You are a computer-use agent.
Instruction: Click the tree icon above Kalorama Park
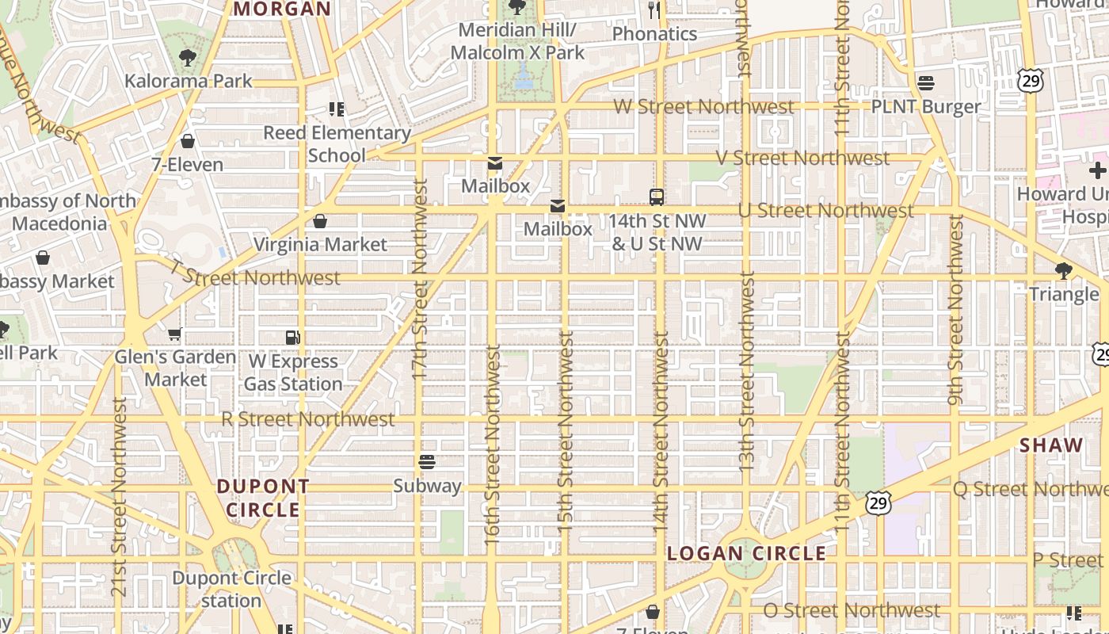(188, 57)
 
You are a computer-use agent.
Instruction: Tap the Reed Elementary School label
(337, 143)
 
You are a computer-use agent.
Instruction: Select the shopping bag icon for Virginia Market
(320, 221)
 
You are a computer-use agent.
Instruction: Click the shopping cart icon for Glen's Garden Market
(175, 334)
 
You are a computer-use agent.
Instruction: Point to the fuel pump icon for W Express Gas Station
(293, 338)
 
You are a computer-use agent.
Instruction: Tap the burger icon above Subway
(427, 462)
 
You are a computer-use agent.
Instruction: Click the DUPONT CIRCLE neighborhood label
(263, 498)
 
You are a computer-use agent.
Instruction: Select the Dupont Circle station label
(231, 589)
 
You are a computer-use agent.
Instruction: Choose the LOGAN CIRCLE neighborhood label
(747, 553)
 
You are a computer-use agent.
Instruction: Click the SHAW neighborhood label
(1051, 445)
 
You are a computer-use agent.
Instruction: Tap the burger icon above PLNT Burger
(926, 83)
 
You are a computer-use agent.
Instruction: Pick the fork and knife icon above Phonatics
(654, 10)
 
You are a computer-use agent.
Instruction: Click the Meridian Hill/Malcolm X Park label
(517, 42)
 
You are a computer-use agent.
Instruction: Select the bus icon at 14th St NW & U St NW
(657, 197)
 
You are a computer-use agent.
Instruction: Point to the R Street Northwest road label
(307, 419)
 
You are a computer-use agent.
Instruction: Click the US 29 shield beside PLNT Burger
(1031, 81)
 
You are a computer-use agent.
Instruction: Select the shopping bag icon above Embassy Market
(43, 258)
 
